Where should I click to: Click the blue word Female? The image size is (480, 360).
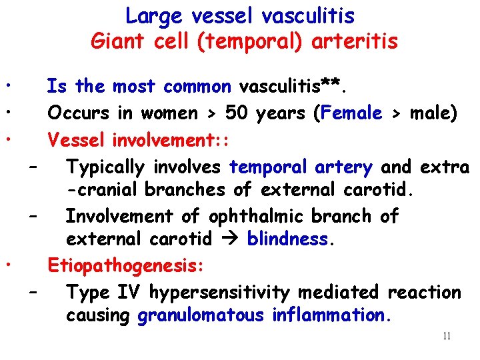(x=351, y=113)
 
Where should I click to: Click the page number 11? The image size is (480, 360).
(x=446, y=336)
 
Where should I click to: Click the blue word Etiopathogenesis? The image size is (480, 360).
(x=125, y=266)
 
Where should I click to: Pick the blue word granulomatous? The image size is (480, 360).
(x=201, y=315)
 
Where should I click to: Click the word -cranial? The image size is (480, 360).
(x=103, y=189)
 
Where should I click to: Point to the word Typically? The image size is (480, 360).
(x=111, y=167)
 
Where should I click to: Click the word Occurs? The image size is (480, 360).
(x=79, y=113)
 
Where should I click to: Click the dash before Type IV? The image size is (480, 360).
(x=33, y=291)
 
